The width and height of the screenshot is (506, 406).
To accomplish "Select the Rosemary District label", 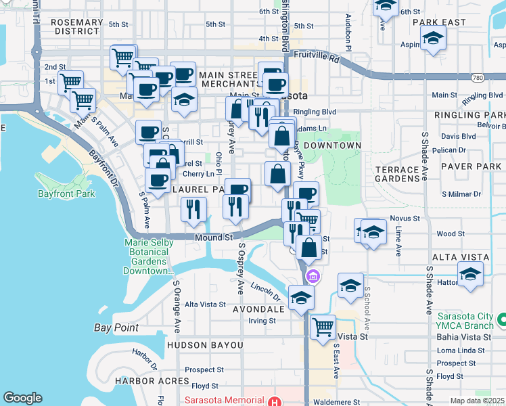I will point(76,26).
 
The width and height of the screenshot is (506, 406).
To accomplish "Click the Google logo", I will point(22,398).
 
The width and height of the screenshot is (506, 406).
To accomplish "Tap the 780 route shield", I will point(497,78).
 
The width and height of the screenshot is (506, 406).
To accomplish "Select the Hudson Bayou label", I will point(204,345).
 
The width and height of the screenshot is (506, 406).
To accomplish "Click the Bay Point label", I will point(116,328).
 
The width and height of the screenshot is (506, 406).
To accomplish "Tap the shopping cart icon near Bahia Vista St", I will point(323,327).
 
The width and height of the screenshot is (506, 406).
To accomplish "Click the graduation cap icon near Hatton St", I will point(470,275).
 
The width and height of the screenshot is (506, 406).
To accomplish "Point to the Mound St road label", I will point(214,238).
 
